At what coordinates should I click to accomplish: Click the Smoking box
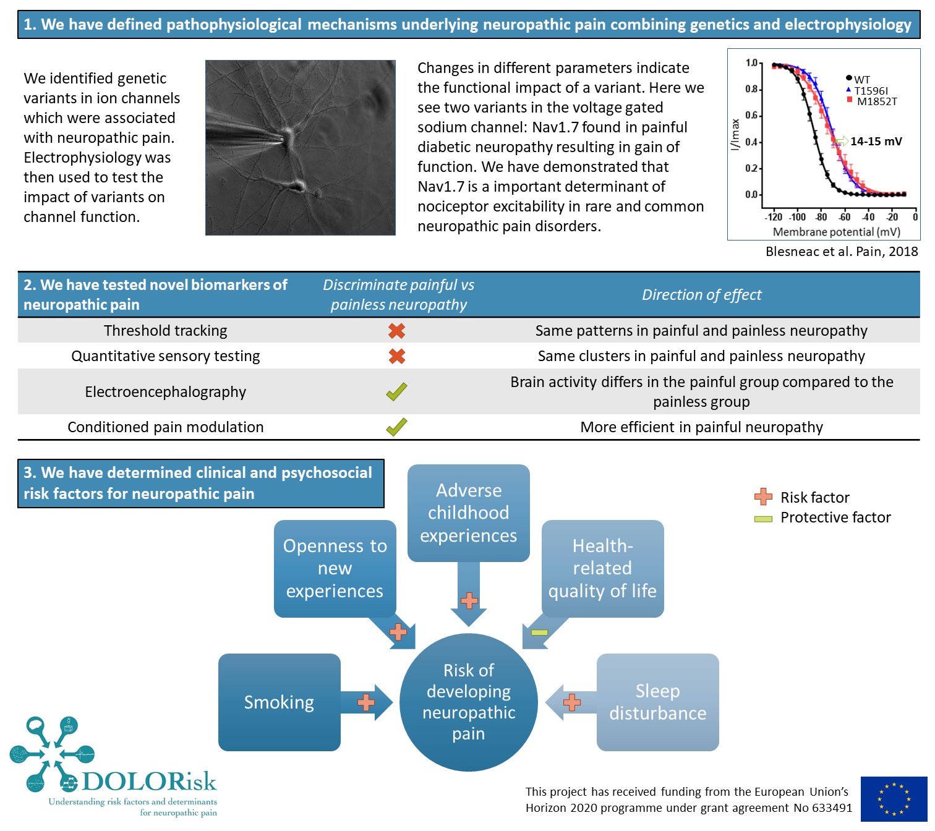[279, 702]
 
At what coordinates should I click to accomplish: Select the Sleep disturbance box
[657, 702]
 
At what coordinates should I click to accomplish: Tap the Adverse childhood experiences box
[468, 513]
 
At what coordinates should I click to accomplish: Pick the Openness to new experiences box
[335, 568]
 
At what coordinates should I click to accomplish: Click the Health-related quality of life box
[602, 568]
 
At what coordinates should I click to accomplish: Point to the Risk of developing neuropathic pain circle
[468, 702]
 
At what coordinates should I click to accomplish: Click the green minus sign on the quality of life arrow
[539, 633]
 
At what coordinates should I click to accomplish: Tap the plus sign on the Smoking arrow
[366, 702]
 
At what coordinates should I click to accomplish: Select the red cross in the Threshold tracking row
[396, 331]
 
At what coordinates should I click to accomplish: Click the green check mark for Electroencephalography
[396, 391]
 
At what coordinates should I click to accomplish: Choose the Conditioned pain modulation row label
[165, 427]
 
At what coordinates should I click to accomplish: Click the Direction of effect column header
[701, 295]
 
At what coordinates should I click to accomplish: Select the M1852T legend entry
[876, 101]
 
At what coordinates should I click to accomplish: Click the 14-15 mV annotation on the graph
[876, 142]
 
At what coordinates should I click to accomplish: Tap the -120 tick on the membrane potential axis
[774, 217]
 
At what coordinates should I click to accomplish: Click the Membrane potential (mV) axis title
[836, 232]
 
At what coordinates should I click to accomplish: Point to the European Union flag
[894, 799]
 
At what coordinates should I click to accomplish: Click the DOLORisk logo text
[149, 782]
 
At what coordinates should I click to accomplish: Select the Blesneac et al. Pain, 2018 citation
[841, 252]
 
